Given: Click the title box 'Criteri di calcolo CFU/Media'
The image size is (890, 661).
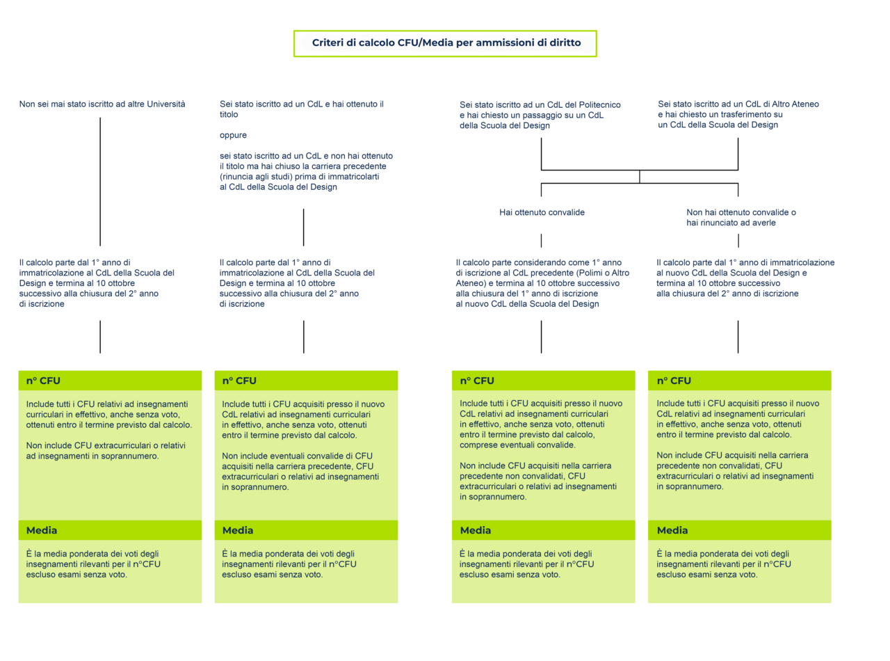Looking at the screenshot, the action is [444, 43].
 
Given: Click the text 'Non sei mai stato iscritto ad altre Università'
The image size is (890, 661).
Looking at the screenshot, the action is [102, 104].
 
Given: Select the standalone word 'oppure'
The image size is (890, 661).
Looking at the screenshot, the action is [233, 136].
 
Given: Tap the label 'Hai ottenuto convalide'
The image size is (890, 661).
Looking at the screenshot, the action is [542, 212].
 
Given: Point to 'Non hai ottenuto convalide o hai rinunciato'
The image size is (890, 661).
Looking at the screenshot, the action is [741, 217].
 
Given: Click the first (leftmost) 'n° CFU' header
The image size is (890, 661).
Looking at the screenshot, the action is [110, 381].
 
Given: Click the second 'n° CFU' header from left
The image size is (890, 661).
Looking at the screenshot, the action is [306, 381].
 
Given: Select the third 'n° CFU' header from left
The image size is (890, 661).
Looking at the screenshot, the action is [543, 381].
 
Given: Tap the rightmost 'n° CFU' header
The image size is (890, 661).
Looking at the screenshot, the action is [740, 381].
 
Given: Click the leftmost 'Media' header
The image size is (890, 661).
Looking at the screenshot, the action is [110, 530].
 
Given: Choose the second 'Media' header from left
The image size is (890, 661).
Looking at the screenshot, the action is [306, 530].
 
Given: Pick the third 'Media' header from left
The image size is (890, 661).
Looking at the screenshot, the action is [543, 530].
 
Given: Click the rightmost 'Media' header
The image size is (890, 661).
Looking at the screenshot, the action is [740, 530].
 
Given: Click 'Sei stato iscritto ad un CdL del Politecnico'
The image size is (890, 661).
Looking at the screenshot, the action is [540, 116].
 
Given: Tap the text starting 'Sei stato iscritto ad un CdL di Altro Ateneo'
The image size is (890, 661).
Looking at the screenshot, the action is [738, 114].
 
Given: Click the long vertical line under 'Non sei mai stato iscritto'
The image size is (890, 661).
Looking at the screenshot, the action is [100, 182].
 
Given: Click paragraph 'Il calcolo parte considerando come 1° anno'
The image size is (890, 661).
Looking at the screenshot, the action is [542, 283].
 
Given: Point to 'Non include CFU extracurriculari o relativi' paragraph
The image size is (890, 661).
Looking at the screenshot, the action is [106, 451].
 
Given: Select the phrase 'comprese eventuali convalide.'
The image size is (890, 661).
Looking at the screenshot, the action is [517, 445].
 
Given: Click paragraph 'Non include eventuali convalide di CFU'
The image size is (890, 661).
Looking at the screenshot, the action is [300, 472].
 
